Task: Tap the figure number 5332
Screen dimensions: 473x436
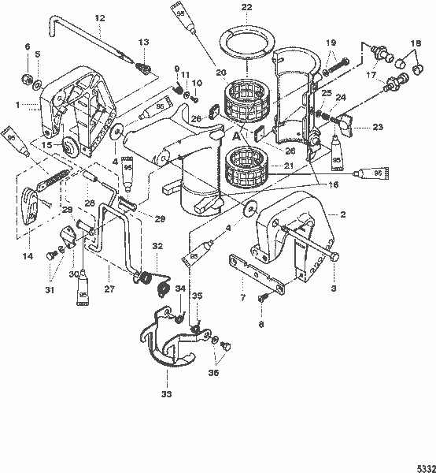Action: click(422, 465)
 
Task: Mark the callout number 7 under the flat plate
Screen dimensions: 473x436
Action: click(242, 299)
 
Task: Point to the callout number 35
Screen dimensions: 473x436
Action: click(198, 296)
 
